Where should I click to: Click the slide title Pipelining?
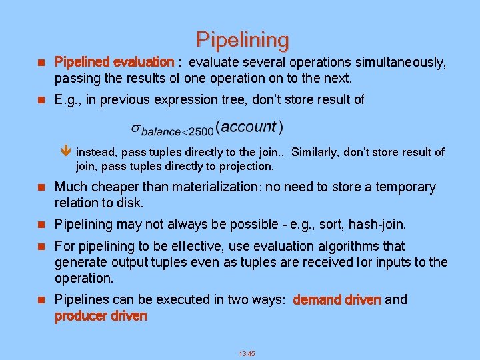pos(243,41)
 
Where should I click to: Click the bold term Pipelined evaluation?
pos(114,62)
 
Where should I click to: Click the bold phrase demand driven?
pos(337,299)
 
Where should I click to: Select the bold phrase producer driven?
pos(101,315)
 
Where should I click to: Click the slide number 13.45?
pos(247,353)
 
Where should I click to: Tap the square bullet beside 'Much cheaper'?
pos(39,188)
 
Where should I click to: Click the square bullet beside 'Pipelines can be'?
pos(39,300)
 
